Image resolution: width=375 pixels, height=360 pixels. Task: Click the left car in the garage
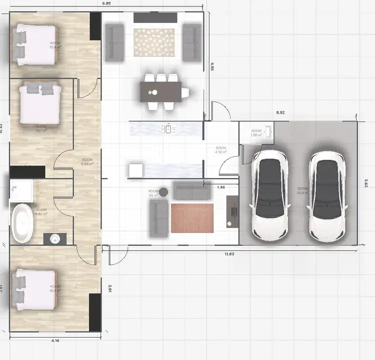pos(270,195)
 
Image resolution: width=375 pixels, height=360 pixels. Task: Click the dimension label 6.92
pos(280,113)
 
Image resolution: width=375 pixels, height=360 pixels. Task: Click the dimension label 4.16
pos(55,341)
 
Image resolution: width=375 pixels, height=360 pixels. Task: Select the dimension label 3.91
pos(110,288)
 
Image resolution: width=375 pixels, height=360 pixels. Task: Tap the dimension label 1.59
pos(220,187)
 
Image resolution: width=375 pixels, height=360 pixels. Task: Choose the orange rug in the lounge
pos(192,218)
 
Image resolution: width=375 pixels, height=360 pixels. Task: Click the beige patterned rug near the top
pos(154,42)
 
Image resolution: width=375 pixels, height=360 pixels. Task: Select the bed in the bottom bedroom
pos(35,287)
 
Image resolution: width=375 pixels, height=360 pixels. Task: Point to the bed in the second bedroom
pos(40,103)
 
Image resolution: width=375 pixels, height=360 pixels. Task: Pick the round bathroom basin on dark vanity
pos(54,238)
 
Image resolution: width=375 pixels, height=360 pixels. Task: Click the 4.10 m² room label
pos(221,150)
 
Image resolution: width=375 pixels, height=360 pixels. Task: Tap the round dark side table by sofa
pos(163,191)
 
